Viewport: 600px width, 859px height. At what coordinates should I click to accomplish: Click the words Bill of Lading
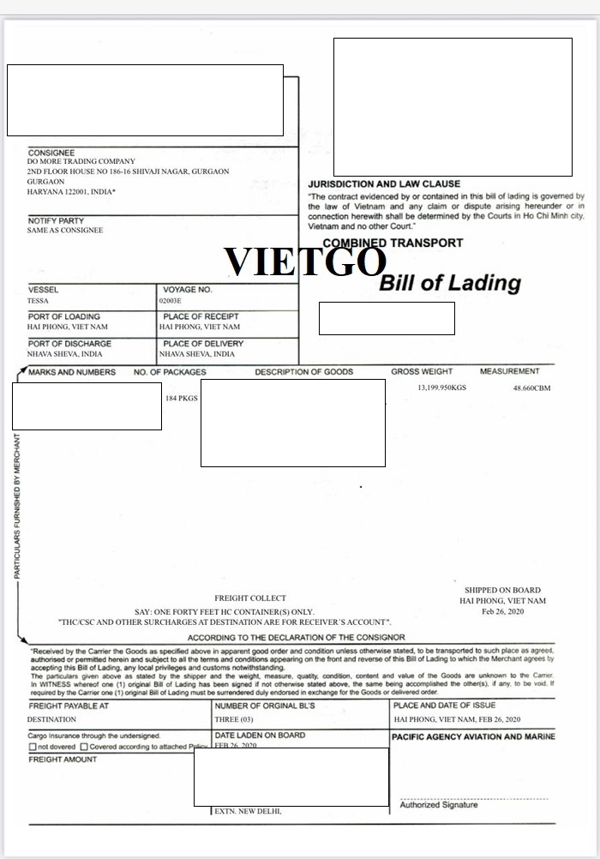pos(449,283)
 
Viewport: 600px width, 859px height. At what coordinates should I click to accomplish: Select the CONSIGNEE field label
pos(51,153)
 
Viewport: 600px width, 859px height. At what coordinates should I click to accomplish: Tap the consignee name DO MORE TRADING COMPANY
pos(81,161)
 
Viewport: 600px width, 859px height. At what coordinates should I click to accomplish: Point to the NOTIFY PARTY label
pos(56,221)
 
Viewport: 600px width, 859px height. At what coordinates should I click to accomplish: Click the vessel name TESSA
pos(39,301)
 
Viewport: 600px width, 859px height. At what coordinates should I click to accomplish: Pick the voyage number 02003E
pos(171,301)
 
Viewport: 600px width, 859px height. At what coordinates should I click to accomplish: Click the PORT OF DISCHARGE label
pos(69,344)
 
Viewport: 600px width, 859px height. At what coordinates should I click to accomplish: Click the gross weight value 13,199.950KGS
pos(441,388)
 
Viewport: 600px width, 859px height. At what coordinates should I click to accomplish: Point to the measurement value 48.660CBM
pos(531,388)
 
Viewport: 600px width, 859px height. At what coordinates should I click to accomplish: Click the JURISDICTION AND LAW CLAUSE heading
pos(384,184)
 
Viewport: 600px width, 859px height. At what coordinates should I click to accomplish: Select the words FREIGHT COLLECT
pos(250,598)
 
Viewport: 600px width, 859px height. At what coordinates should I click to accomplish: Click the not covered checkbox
pos(32,747)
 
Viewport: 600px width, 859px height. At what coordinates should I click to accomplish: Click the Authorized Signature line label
pos(439,805)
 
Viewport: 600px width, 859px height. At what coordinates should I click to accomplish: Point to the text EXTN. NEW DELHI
pos(248,811)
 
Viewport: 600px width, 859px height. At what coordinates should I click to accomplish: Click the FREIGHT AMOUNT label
pos(63,760)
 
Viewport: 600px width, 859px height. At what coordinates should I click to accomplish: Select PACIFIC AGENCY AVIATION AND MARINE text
pos(473,736)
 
